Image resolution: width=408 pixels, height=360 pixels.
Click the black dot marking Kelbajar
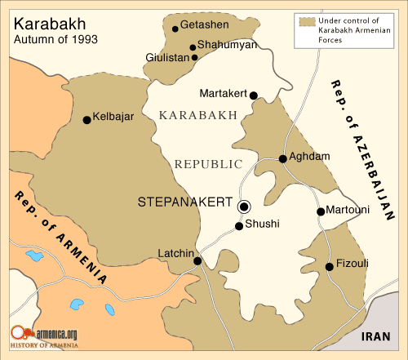[x=86, y=120]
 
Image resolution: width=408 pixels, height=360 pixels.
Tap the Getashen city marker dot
[x=175, y=28]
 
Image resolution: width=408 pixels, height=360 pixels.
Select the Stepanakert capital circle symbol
[x=242, y=205]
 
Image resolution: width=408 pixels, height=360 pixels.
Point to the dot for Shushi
[x=239, y=226]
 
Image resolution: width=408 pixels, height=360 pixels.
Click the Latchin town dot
[x=197, y=261]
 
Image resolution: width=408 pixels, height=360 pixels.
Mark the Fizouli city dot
[x=329, y=266]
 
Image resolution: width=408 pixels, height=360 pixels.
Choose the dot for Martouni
[x=320, y=211]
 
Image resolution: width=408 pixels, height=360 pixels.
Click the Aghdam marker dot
[x=282, y=158]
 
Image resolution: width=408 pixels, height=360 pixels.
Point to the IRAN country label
[x=378, y=336]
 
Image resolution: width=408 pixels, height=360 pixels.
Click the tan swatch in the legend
[x=307, y=21]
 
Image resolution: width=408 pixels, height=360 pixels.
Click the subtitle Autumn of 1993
[x=49, y=38]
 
